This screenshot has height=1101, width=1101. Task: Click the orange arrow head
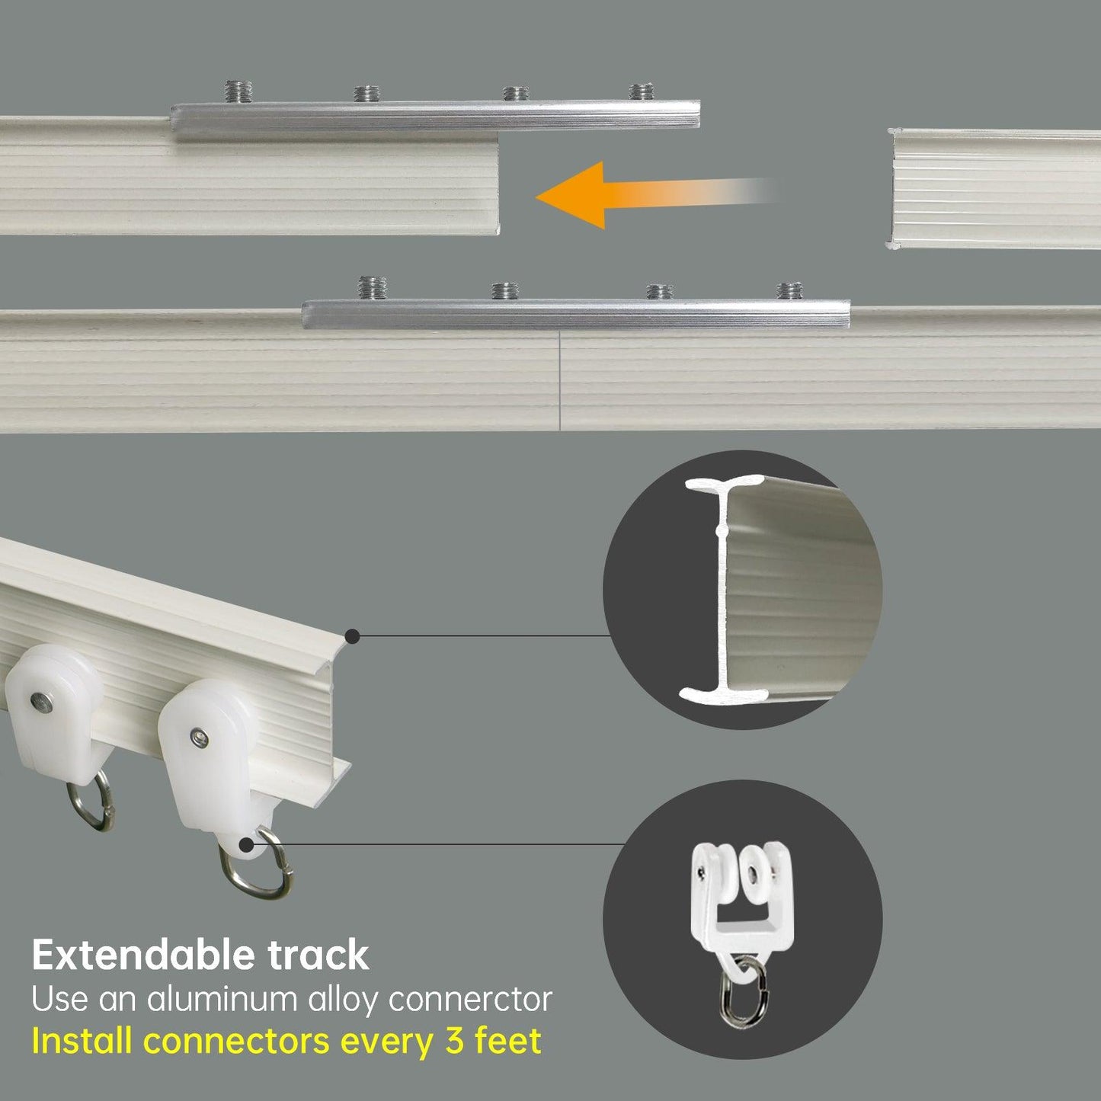pos(571,195)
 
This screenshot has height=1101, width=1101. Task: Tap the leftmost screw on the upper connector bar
pos(238,91)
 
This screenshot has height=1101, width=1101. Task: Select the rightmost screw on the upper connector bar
pos(641,91)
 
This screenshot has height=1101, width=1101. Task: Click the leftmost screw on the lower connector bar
pos(372,287)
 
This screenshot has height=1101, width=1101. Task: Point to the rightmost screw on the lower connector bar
pos(789,291)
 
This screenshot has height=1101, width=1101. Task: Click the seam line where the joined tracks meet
pos(560,380)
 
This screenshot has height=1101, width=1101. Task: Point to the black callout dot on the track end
pos(353,636)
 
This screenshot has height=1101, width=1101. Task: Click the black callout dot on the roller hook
pos(247,845)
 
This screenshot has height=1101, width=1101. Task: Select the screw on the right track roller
pos(197,738)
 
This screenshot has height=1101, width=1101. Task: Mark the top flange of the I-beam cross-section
pos(725,485)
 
